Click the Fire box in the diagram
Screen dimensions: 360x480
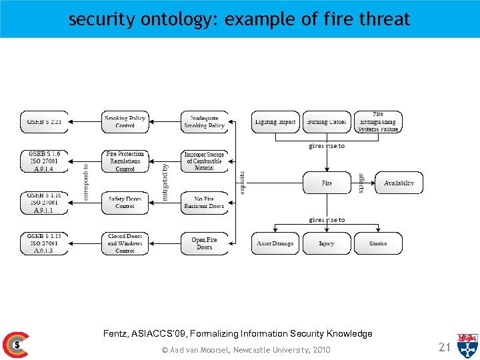(x=327, y=183)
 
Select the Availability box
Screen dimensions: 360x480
(x=399, y=183)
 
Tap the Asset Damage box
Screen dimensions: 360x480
(x=275, y=243)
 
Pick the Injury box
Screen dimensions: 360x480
(x=327, y=243)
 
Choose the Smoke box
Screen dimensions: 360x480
(x=378, y=243)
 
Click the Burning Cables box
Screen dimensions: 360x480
(x=327, y=122)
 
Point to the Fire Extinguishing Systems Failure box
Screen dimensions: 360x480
(x=378, y=122)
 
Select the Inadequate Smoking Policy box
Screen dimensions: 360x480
(x=204, y=122)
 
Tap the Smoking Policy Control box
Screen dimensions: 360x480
(x=125, y=122)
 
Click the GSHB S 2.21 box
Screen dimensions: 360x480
(x=45, y=122)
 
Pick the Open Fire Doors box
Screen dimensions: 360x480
(x=204, y=243)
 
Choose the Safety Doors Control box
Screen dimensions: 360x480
(x=125, y=203)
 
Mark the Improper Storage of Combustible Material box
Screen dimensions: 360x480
(x=204, y=161)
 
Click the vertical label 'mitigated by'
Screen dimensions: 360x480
(x=165, y=183)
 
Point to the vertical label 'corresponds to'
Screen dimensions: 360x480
(x=86, y=183)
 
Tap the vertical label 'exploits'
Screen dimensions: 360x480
(x=243, y=183)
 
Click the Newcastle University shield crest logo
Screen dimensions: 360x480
(x=467, y=345)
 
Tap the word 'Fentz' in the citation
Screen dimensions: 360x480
(x=116, y=333)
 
